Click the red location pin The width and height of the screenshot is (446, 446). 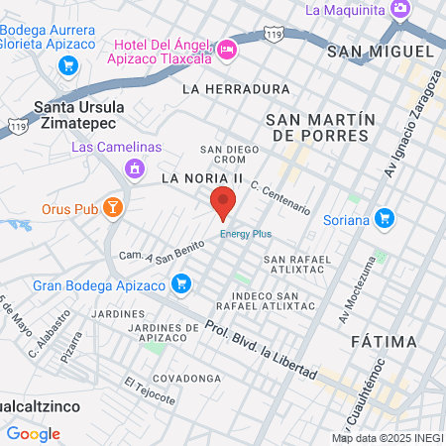[223, 201]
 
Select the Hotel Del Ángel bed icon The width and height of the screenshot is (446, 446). [227, 49]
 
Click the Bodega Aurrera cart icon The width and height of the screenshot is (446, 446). [67, 65]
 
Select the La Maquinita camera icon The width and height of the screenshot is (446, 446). [400, 10]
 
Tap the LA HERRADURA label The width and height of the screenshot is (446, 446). [235, 89]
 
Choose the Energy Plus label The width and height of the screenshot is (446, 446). [245, 234]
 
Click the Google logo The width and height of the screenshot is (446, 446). [33, 433]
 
